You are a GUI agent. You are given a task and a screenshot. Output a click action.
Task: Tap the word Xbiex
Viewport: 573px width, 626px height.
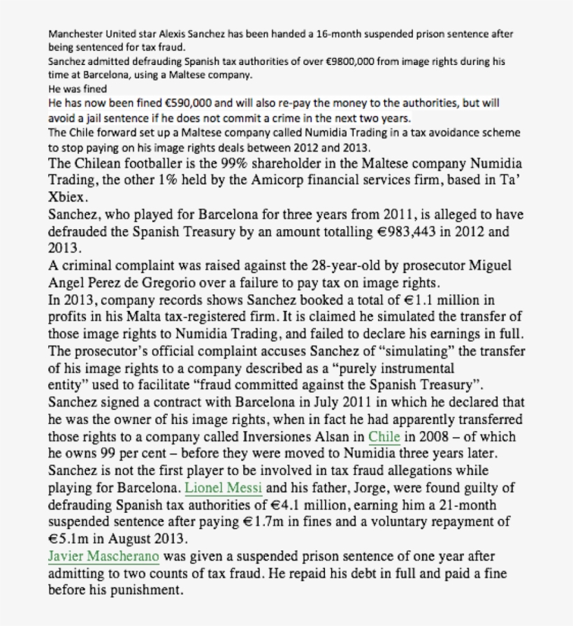pyautogui.click(x=68, y=197)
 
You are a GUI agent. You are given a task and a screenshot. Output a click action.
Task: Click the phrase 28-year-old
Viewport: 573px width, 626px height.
pyautogui.click(x=335, y=265)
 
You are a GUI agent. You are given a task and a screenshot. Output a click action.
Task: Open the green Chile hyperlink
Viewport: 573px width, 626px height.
pyautogui.click(x=384, y=437)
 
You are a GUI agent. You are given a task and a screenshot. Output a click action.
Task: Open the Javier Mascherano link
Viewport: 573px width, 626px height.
pyautogui.click(x=104, y=557)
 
